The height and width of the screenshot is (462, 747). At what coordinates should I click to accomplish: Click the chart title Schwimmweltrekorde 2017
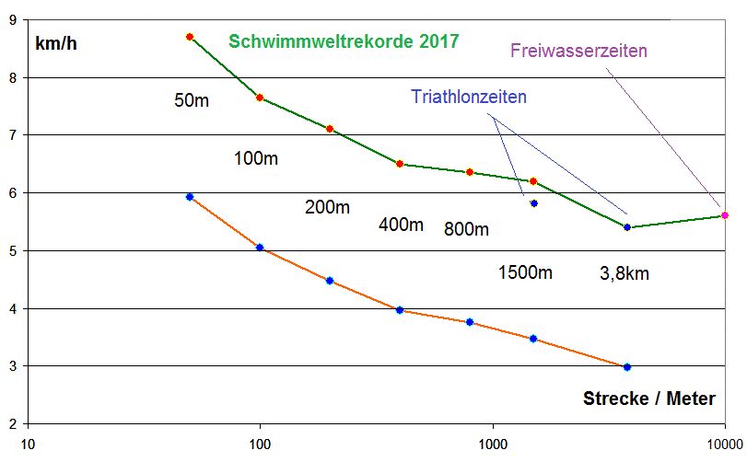[344, 41]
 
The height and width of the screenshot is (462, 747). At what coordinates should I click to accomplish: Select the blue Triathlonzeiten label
[469, 96]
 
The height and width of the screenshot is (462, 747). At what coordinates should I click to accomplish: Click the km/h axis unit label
[56, 43]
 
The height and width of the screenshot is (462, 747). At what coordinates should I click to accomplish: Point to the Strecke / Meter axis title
[649, 398]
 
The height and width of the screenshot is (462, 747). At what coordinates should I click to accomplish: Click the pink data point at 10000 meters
[725, 215]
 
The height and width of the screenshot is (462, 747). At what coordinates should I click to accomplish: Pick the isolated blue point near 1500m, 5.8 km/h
[533, 203]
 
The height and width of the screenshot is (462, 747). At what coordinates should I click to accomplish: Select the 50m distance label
[192, 100]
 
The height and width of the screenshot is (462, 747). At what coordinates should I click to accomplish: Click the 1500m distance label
[525, 272]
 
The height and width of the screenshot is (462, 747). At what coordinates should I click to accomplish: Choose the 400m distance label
[401, 225]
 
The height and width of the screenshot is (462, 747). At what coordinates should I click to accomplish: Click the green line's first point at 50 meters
[190, 37]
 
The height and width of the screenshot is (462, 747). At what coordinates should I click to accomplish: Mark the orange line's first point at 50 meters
[190, 197]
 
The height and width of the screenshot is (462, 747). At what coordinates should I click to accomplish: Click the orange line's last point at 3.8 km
[627, 367]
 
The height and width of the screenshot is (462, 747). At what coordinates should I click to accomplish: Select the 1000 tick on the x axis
[493, 444]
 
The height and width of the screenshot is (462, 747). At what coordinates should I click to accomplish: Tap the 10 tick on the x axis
[29, 444]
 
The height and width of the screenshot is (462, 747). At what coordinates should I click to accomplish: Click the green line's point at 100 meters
[260, 98]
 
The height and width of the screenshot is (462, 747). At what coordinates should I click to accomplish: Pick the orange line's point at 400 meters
[399, 310]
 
